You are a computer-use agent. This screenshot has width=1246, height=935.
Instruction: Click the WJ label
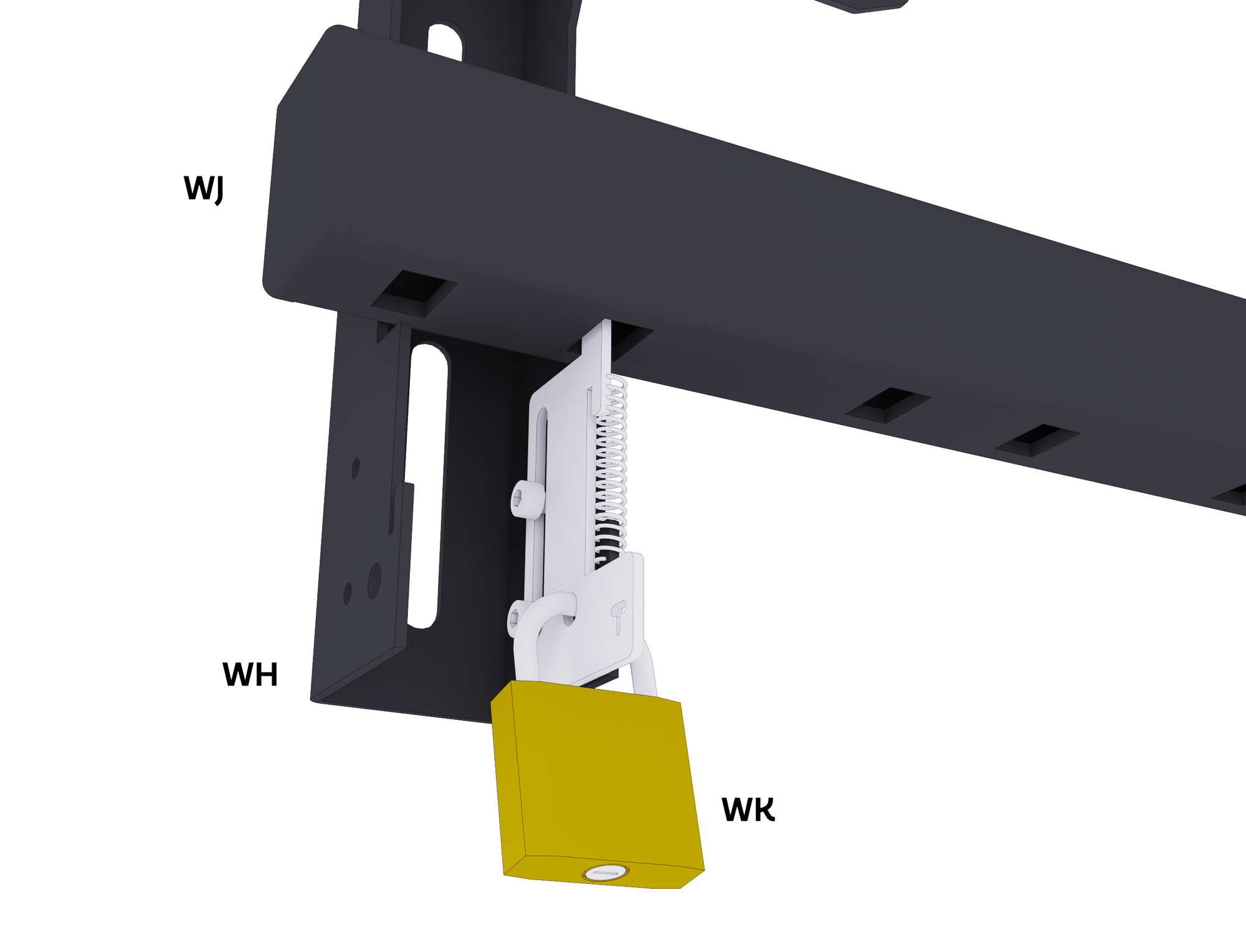(203, 188)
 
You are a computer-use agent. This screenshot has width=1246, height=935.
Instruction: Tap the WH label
(250, 674)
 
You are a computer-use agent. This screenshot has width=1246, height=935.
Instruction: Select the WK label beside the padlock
(748, 809)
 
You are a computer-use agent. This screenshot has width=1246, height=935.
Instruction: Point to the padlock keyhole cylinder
(605, 873)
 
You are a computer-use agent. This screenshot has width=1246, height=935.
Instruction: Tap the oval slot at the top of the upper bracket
(445, 41)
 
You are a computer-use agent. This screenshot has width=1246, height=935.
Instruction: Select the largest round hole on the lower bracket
(374, 580)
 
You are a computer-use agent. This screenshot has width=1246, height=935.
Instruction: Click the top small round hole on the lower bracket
(355, 468)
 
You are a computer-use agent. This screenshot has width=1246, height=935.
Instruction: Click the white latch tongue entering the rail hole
(597, 343)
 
